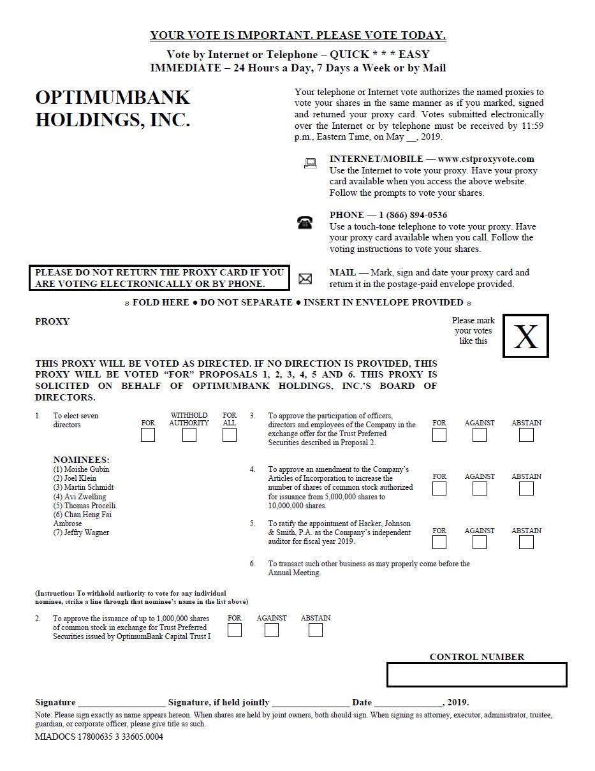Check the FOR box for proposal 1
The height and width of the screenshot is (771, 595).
(148, 435)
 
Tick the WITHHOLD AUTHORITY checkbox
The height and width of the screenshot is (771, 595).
(189, 435)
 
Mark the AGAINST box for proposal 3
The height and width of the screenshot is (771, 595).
(480, 435)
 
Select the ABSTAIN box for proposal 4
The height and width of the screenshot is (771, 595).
(526, 488)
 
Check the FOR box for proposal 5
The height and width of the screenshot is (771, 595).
(439, 542)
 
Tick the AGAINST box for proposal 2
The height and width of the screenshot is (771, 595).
(272, 630)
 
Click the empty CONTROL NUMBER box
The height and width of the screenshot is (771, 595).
(476, 675)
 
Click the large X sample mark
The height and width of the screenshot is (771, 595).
(525, 336)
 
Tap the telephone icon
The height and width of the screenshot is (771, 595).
(305, 223)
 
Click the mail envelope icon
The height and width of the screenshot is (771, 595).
(305, 279)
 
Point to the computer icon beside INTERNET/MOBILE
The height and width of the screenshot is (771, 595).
(311, 164)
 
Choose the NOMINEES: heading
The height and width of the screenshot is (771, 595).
(81, 459)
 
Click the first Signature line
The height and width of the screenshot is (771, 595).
(121, 702)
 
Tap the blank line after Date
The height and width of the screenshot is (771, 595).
(408, 702)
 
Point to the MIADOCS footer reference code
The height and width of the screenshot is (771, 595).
(99, 737)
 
